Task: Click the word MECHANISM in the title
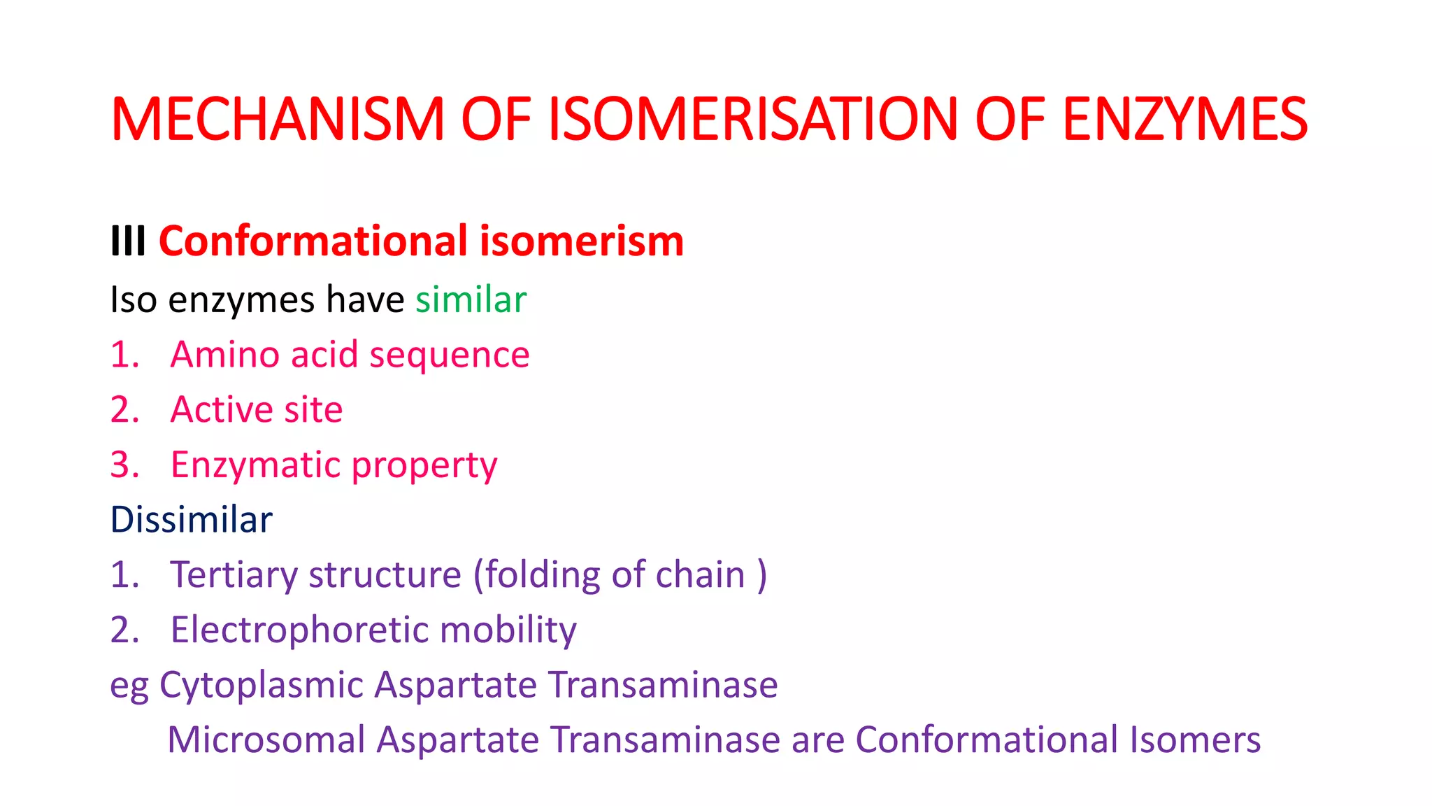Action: [x=278, y=120]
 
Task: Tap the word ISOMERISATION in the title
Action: [x=752, y=120]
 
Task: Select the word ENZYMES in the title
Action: [x=1184, y=120]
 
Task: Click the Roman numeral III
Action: [x=128, y=242]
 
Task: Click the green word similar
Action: [x=471, y=300]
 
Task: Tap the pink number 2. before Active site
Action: [x=124, y=410]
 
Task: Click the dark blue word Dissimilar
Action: [x=191, y=520]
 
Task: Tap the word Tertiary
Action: [x=234, y=576]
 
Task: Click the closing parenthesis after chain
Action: [x=762, y=576]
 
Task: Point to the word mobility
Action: [x=508, y=630]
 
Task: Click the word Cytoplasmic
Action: [x=262, y=686]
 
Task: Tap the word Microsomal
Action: [x=266, y=740]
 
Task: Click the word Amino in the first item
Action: [x=225, y=355]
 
